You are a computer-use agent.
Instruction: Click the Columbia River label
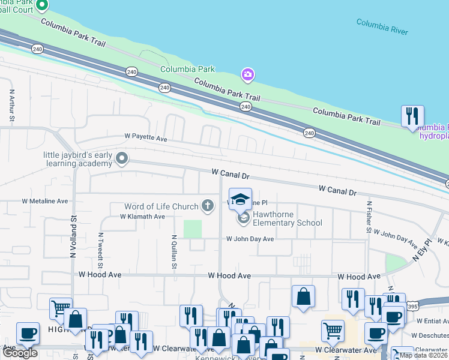click(382, 26)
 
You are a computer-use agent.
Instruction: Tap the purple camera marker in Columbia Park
click(247, 75)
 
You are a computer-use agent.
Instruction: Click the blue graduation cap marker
click(241, 199)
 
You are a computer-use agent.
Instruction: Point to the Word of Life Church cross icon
click(208, 206)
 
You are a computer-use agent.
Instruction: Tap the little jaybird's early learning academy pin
click(122, 160)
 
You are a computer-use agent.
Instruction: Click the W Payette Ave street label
click(145, 137)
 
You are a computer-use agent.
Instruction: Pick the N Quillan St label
click(172, 252)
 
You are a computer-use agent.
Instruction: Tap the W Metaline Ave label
click(46, 202)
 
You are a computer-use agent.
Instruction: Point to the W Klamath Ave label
click(142, 217)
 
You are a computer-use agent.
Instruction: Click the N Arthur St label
click(11, 107)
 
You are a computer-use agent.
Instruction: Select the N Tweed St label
click(101, 250)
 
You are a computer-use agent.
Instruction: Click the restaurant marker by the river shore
click(412, 116)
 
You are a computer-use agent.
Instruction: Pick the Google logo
click(20, 353)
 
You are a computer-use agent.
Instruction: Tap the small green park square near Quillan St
click(192, 229)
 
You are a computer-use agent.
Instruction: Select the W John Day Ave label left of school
click(250, 239)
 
